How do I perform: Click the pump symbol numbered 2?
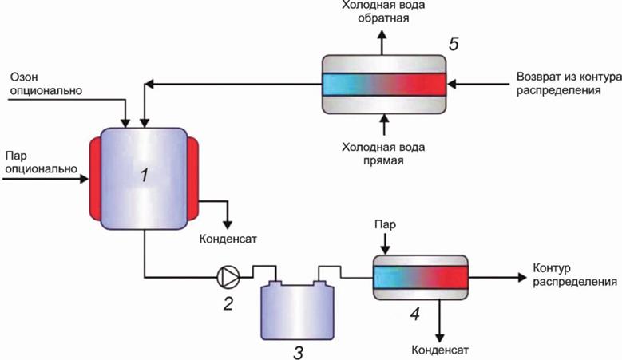(x=228, y=277)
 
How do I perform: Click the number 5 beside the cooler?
(x=453, y=45)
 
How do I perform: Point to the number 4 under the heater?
(x=414, y=314)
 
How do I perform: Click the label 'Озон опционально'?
(x=46, y=85)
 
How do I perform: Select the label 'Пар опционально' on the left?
(x=40, y=162)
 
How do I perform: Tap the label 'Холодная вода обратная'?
(x=382, y=10)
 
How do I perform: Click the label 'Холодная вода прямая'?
(x=382, y=153)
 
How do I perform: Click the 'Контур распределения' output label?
(x=572, y=275)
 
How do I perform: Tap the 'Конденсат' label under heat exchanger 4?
(x=439, y=350)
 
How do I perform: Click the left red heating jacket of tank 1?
(x=93, y=177)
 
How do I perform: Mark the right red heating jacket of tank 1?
(x=193, y=177)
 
